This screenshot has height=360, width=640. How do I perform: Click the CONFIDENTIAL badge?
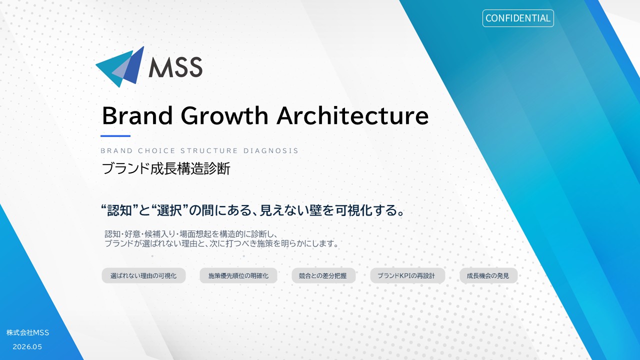click(518, 18)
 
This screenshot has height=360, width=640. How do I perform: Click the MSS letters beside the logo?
click(175, 67)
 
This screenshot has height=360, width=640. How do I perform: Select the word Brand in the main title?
click(137, 115)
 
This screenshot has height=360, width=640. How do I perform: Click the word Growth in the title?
click(224, 115)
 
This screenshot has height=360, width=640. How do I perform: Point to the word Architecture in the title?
click(353, 115)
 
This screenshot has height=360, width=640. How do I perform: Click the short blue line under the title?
click(115, 136)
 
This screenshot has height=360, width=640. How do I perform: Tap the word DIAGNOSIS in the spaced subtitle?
click(271, 150)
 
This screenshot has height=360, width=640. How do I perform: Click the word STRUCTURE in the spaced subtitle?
click(209, 150)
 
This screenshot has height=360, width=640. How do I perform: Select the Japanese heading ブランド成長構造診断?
click(165, 168)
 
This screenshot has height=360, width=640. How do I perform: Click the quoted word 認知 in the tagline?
click(119, 210)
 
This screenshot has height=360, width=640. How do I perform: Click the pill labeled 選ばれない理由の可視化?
click(143, 275)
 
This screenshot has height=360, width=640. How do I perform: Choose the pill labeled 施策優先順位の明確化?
click(238, 275)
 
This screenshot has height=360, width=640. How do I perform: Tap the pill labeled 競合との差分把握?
click(323, 275)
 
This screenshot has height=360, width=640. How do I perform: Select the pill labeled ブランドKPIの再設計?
click(407, 275)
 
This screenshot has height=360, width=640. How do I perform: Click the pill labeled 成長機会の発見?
click(488, 275)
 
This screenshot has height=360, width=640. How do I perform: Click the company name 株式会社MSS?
click(27, 332)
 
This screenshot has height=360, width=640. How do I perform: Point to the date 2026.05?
click(27, 347)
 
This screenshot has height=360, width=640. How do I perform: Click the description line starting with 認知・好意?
click(191, 234)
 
